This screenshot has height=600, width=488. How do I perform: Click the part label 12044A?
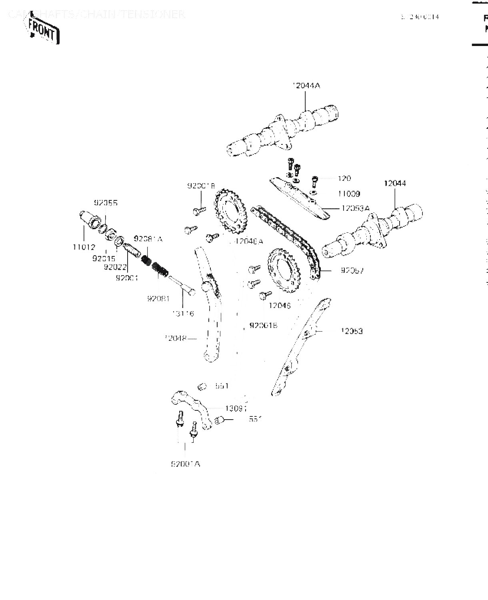(306, 86)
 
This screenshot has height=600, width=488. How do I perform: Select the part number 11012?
(84, 247)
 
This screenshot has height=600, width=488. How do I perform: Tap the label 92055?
(106, 203)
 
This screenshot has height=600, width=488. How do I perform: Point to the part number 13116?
(183, 313)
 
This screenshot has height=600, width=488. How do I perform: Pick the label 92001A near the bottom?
(185, 464)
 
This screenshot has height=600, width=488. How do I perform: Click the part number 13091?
(236, 408)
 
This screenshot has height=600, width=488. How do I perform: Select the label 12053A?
(355, 208)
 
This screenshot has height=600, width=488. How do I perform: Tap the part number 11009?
(349, 194)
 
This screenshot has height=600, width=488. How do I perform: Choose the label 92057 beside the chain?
(352, 270)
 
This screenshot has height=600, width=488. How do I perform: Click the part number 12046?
(280, 306)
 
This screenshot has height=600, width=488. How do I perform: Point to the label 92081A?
(148, 239)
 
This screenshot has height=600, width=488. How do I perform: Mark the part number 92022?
(115, 267)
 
